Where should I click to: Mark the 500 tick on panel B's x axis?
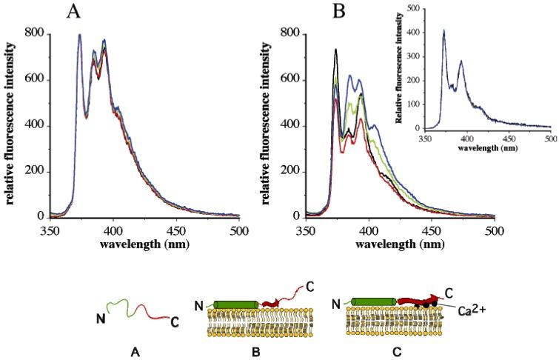495,231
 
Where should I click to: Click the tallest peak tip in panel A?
79,35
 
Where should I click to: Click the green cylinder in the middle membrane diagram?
236,304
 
